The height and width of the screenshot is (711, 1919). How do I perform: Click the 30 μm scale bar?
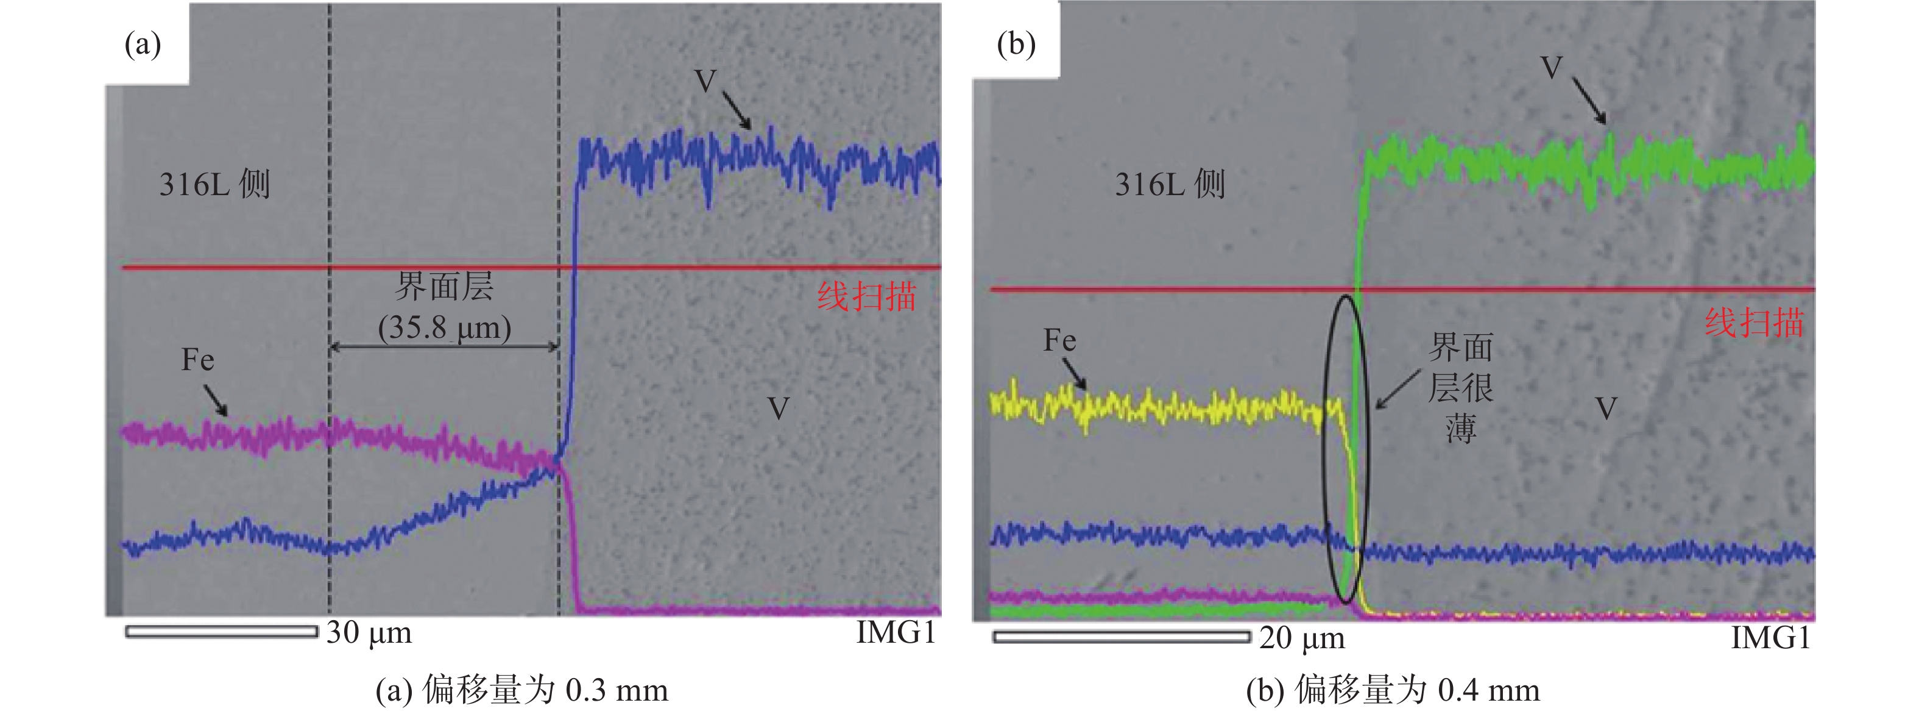point(221,632)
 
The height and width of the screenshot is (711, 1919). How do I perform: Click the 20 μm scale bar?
point(1121,637)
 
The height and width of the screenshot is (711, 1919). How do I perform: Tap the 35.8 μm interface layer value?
point(444,327)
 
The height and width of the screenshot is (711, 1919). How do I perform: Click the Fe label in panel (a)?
point(197,361)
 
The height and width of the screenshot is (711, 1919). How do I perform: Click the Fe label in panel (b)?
point(1059,341)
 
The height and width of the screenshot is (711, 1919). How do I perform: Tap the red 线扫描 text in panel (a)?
point(866,296)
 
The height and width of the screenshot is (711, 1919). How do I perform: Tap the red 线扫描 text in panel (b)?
point(1755,323)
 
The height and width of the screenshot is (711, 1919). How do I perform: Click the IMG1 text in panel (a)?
point(896,633)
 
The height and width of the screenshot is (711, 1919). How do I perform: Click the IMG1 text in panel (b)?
point(1770,638)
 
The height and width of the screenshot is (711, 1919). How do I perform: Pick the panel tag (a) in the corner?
point(143,44)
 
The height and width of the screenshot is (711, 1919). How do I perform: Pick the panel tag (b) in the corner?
point(1016,44)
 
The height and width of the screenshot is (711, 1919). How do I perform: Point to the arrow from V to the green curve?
point(1589,101)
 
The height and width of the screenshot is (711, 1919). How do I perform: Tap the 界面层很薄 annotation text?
point(1460,388)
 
